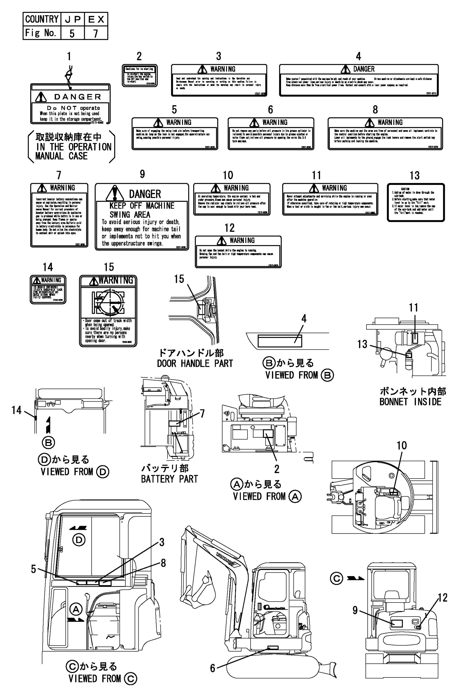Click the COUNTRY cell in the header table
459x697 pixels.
[x=42, y=19]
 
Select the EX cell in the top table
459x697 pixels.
[x=96, y=19]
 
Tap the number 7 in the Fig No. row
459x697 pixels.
[x=96, y=33]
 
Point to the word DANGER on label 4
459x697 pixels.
[x=363, y=69]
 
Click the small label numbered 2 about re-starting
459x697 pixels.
[x=139, y=76]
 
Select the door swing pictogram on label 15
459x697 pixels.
[x=108, y=302]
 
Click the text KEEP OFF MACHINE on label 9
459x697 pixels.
[x=142, y=206]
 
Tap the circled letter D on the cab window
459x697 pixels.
[x=79, y=540]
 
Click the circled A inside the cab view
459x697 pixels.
[x=76, y=609]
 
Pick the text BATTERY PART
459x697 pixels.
[x=169, y=479]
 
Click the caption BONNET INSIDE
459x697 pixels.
[x=410, y=402]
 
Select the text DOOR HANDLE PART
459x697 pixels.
[x=195, y=363]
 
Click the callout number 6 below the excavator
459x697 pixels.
[x=213, y=668]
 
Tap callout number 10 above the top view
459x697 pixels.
[x=402, y=445]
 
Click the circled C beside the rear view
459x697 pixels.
[x=336, y=578]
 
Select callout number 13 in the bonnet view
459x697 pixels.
[x=362, y=344]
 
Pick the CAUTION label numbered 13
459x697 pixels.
[x=415, y=202]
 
